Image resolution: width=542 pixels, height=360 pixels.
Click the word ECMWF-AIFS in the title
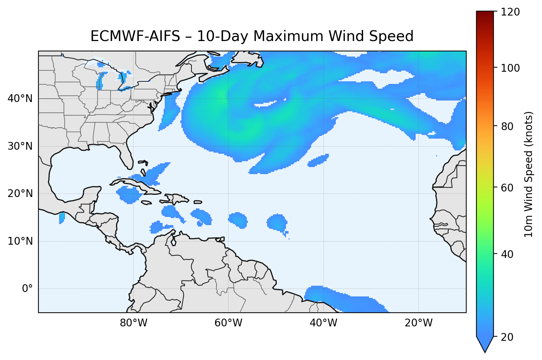tap(135, 36)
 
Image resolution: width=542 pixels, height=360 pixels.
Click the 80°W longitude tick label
tap(133, 323)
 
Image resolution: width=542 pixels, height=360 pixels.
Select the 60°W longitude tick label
tap(228, 323)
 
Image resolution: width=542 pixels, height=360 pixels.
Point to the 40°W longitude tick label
tap(323, 323)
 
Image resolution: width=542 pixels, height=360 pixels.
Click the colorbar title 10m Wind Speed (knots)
tap(529, 174)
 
